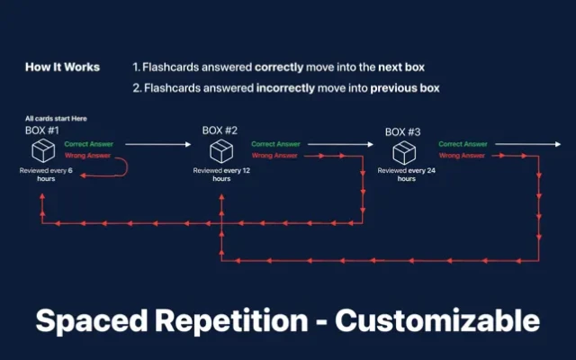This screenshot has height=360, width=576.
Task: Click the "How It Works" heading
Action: pyautogui.click(x=62, y=67)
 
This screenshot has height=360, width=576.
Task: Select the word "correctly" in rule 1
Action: pyautogui.click(x=279, y=67)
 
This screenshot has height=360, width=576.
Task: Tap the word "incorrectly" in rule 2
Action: pyautogui.click(x=285, y=88)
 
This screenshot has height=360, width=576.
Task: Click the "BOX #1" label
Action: pyautogui.click(x=42, y=130)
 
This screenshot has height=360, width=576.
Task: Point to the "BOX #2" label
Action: pyautogui.click(x=220, y=130)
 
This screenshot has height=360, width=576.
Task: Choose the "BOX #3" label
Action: pyautogui.click(x=402, y=132)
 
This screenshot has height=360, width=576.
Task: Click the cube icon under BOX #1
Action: pyautogui.click(x=43, y=150)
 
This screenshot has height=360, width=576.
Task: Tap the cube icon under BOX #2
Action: pyautogui.click(x=221, y=151)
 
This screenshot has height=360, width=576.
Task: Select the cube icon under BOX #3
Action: pyautogui.click(x=404, y=153)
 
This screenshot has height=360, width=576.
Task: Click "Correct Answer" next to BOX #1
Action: pyautogui.click(x=89, y=144)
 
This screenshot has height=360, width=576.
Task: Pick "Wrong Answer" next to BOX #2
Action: pyautogui.click(x=274, y=156)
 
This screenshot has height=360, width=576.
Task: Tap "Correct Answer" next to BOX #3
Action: pyautogui.click(x=463, y=144)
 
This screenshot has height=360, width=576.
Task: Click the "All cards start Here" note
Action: pyautogui.click(x=56, y=119)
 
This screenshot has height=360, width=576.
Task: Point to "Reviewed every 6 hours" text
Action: pyautogui.click(x=46, y=175)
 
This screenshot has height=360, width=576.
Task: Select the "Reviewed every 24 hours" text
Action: pyautogui.click(x=406, y=175)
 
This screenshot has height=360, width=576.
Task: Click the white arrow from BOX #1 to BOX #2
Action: pyautogui.click(x=158, y=144)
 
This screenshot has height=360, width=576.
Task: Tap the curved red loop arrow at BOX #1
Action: pyautogui.click(x=127, y=167)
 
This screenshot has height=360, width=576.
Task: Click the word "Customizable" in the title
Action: pyautogui.click(x=437, y=320)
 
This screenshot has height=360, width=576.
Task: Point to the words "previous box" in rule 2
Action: pyautogui.click(x=405, y=88)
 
